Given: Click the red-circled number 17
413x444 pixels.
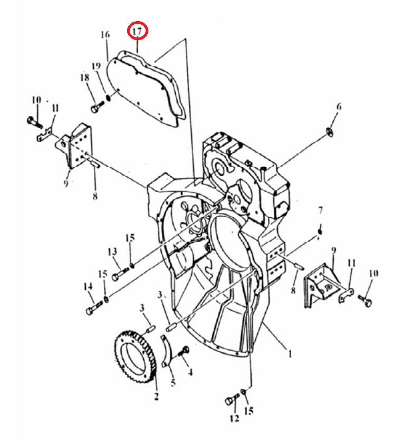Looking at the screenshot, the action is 137,31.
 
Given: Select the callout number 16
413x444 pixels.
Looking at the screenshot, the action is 105,35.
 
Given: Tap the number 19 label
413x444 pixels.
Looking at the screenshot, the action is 97,66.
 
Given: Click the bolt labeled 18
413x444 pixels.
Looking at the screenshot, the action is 97,107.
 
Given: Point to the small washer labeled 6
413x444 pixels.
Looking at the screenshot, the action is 330,132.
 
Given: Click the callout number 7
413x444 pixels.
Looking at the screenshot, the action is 320,210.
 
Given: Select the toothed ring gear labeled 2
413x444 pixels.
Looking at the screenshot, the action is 136,359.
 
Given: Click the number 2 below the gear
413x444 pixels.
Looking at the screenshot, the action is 156,396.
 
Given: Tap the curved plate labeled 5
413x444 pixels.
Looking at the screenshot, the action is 167,351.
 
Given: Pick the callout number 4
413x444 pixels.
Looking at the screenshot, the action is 190,372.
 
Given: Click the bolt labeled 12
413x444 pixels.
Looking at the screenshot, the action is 231,399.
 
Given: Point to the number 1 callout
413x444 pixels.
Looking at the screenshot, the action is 290,354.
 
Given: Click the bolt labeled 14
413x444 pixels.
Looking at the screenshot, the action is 94,308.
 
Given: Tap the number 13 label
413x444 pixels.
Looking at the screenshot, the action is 112,252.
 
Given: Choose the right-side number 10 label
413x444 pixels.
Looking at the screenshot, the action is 374,273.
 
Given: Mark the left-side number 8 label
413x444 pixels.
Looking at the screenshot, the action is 95,196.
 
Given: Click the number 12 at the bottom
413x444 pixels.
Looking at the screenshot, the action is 235,419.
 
